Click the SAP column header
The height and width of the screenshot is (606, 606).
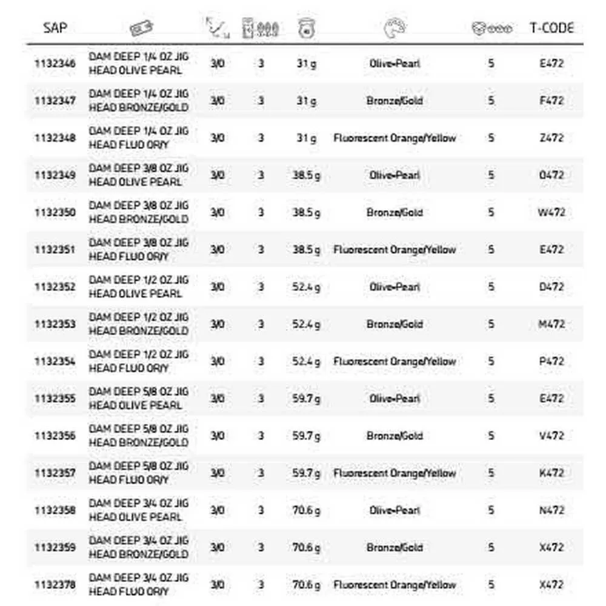[x=55, y=28]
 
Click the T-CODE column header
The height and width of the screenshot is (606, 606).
[x=551, y=28]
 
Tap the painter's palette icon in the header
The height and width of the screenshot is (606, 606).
[x=395, y=28]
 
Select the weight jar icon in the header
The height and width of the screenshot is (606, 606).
[x=307, y=28]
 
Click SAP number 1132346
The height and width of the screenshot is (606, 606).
[x=55, y=63]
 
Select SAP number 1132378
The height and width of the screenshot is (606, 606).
[x=55, y=585]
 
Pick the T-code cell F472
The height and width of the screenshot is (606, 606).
[x=551, y=101]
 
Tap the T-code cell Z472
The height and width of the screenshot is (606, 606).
[x=551, y=138]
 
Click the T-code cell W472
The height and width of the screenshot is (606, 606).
[x=551, y=212]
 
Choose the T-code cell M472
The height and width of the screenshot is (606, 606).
[x=551, y=324]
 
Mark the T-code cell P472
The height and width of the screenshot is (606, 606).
[x=551, y=361]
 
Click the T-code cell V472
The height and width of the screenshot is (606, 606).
[x=551, y=436]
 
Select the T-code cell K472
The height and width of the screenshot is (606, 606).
[x=551, y=473]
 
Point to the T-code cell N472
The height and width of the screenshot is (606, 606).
[x=551, y=510]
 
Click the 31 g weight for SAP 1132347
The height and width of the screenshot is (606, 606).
[x=306, y=101]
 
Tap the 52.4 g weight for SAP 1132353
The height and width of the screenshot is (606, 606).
[x=306, y=324]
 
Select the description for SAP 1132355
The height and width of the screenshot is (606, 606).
[x=138, y=398]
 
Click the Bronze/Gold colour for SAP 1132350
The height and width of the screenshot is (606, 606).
[x=395, y=212]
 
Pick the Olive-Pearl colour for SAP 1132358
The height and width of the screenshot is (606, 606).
[x=395, y=510]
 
